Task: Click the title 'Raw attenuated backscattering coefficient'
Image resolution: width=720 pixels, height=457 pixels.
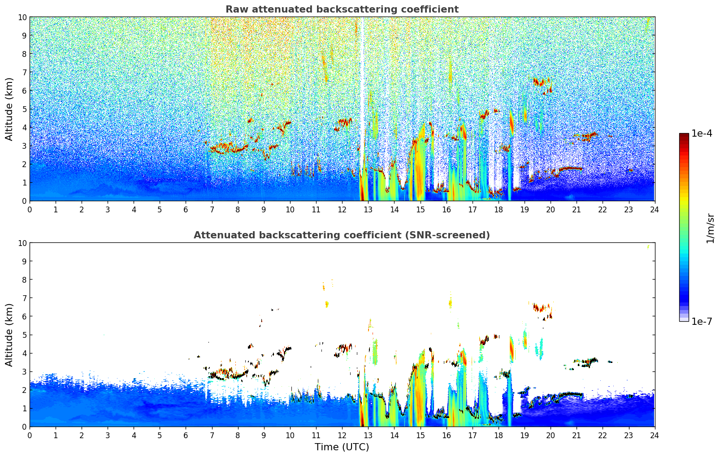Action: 342,9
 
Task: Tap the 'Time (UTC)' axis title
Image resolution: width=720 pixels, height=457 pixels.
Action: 342,447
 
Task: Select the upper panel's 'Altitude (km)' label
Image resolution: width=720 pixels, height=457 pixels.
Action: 9,109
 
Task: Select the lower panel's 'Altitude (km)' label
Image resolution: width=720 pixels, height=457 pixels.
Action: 9,335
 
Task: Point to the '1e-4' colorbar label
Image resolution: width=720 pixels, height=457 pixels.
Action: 702,134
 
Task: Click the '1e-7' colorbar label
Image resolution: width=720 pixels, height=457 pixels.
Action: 702,321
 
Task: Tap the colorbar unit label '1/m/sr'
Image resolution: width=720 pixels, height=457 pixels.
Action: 710,228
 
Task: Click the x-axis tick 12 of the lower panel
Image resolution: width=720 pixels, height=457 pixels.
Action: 342,435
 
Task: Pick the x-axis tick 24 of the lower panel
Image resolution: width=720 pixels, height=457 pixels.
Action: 655,435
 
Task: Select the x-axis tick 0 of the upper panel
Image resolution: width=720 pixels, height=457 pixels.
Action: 30,209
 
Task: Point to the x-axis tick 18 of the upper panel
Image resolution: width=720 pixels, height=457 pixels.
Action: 499,209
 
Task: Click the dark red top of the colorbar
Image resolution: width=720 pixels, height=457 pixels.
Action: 684,136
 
